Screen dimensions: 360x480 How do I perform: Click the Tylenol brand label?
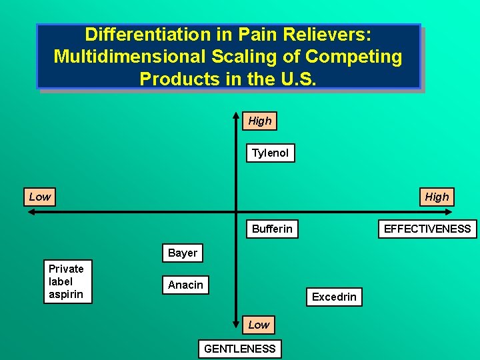pyautogui.click(x=270, y=153)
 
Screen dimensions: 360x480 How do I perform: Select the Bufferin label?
pyautogui.click(x=272, y=229)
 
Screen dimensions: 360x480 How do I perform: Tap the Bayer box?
pyautogui.click(x=183, y=253)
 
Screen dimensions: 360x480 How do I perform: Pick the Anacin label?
pyautogui.click(x=185, y=285)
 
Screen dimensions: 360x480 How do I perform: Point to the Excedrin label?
pyautogui.click(x=334, y=297)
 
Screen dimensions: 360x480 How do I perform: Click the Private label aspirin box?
pyautogui.click(x=67, y=281)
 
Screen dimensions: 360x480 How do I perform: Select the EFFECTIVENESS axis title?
pyautogui.click(x=427, y=229)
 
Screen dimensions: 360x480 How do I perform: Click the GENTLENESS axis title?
pyautogui.click(x=240, y=349)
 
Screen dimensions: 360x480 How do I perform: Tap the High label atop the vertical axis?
pyautogui.click(x=259, y=121)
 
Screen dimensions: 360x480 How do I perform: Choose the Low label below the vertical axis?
pyautogui.click(x=259, y=325)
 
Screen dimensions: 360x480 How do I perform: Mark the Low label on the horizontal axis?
pyautogui.click(x=39, y=197)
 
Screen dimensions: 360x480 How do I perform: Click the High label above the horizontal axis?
pyautogui.click(x=437, y=197)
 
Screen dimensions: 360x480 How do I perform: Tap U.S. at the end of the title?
pyautogui.click(x=300, y=78)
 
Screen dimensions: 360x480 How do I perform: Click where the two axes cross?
pyautogui.click(x=236, y=213)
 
